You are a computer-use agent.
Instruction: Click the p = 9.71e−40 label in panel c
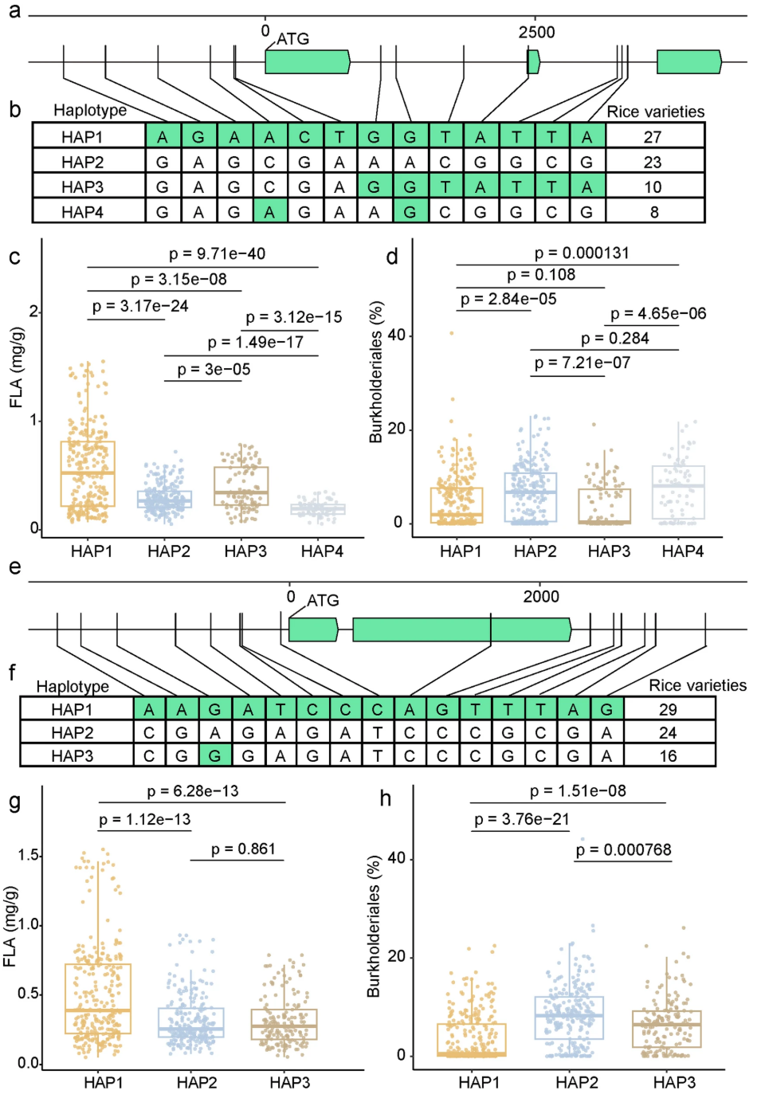tap(217, 254)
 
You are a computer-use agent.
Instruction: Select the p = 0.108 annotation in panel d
tap(541, 275)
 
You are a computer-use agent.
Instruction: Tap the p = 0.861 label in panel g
tap(243, 849)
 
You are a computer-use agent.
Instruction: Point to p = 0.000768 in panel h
tap(623, 849)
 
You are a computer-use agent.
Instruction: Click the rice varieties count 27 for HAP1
tap(653, 137)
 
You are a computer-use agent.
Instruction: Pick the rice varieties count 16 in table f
tap(668, 755)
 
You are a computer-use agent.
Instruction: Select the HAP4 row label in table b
tap(82, 212)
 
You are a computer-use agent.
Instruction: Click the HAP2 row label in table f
tap(73, 732)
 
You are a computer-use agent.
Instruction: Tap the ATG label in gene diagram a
tap(292, 39)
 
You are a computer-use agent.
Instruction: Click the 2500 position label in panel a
tap(536, 33)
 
